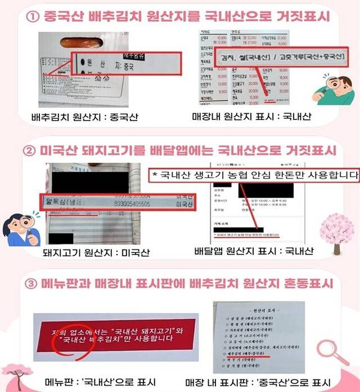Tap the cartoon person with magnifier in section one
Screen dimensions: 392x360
point(336,91)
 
